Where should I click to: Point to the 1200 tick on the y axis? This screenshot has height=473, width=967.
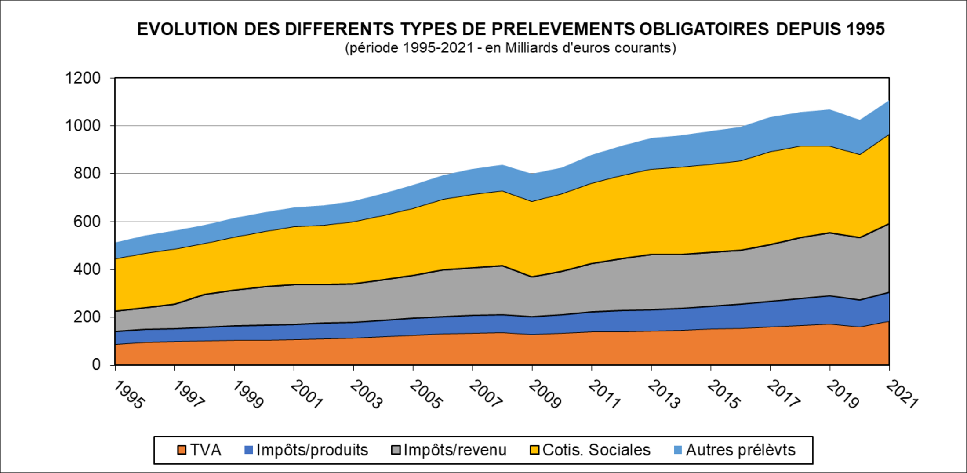click(83, 78)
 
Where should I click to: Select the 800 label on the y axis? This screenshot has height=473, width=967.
click(87, 174)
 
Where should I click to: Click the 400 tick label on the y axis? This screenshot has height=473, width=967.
click(87, 269)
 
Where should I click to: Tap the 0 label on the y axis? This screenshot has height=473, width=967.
click(96, 365)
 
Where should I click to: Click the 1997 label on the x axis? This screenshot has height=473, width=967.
click(189, 394)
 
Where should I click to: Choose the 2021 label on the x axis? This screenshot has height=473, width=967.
click(902, 394)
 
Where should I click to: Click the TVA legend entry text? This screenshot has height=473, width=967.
click(205, 450)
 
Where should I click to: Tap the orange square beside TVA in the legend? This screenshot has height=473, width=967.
click(182, 450)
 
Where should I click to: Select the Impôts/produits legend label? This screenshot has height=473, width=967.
click(312, 450)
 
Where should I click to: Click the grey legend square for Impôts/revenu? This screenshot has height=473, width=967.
click(396, 450)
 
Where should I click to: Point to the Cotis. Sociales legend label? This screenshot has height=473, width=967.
click(596, 450)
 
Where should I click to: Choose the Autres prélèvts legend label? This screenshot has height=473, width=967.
click(741, 450)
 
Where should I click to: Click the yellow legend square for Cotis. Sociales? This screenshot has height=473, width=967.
click(535, 450)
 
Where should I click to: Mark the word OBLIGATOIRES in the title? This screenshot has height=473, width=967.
click(704, 29)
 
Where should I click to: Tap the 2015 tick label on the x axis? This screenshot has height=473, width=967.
click(723, 394)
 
